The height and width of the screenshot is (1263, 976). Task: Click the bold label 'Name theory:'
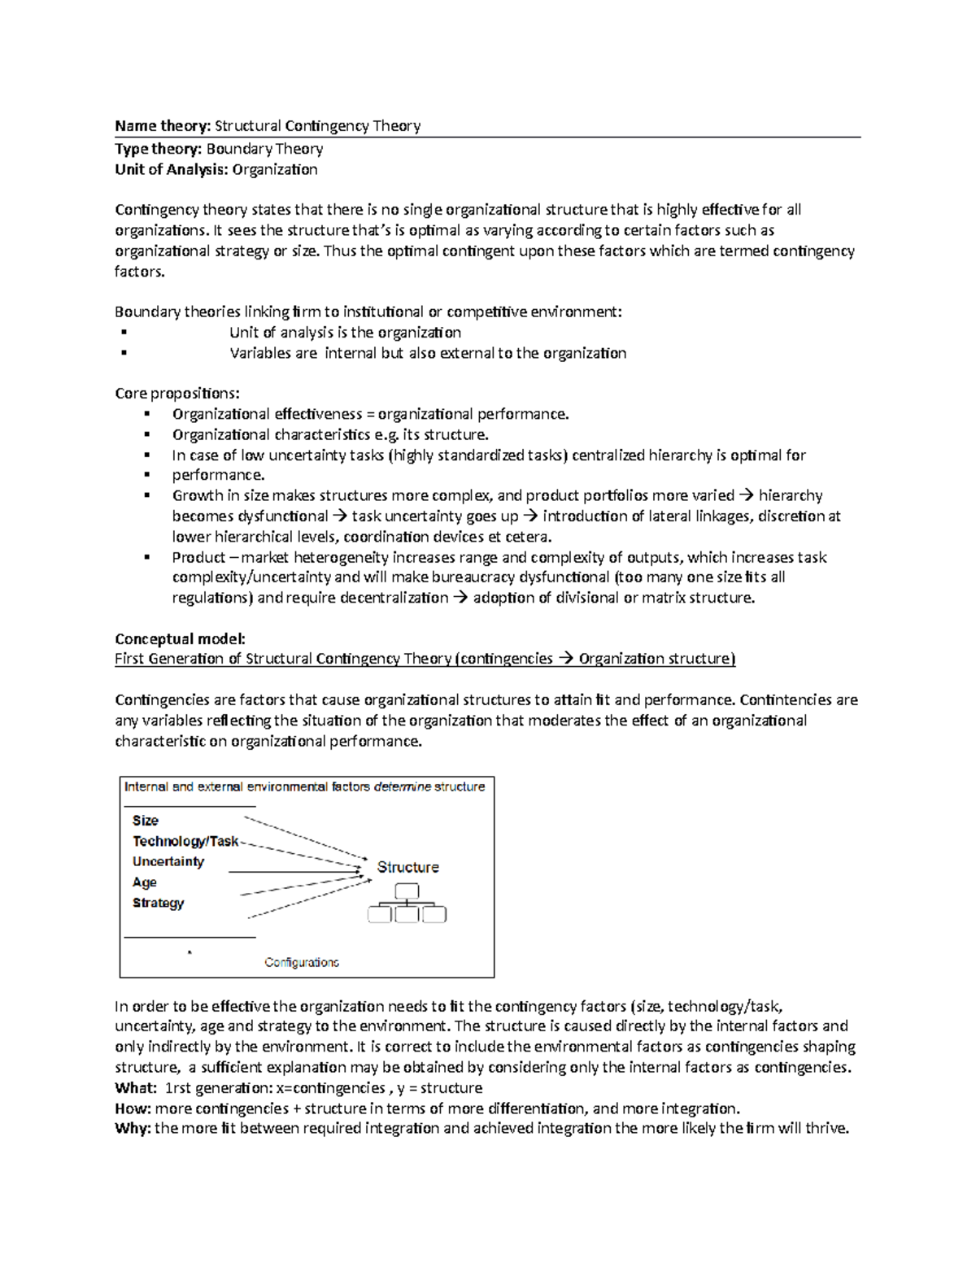(x=163, y=126)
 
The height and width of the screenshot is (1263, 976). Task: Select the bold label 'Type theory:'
(x=159, y=149)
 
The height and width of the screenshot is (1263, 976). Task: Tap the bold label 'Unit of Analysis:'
(x=172, y=169)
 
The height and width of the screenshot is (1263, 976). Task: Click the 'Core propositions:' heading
(x=177, y=394)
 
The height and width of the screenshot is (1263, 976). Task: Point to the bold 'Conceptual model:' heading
(x=180, y=638)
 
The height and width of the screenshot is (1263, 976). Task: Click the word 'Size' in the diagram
(x=146, y=821)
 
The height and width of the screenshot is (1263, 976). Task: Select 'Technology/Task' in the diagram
(x=185, y=841)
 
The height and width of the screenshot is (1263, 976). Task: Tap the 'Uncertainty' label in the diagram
(x=168, y=861)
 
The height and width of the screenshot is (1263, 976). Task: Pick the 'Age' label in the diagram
(x=145, y=882)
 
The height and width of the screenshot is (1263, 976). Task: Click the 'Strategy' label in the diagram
(x=159, y=903)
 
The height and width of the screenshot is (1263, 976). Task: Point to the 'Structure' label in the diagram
(x=407, y=868)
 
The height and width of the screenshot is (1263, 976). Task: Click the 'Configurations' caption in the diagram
(x=302, y=962)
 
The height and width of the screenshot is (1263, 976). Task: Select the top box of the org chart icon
(x=407, y=891)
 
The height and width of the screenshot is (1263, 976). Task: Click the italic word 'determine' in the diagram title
(x=402, y=786)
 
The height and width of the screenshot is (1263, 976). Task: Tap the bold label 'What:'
(x=136, y=1088)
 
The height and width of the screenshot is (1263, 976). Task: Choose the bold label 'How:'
(x=133, y=1108)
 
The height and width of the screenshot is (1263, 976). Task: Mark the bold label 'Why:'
(x=133, y=1129)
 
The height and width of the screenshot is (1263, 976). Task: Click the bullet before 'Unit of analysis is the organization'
(x=124, y=332)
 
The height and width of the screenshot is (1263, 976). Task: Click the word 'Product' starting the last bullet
(x=198, y=557)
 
